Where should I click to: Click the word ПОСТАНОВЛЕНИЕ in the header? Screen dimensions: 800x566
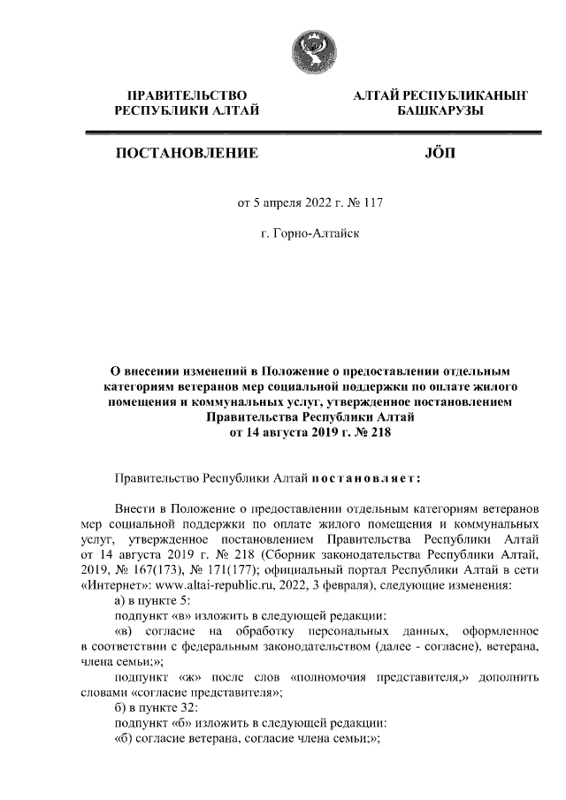pos(187,154)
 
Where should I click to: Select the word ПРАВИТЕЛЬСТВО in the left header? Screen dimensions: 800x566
pos(187,95)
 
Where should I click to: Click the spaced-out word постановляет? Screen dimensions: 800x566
pos(366,478)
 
